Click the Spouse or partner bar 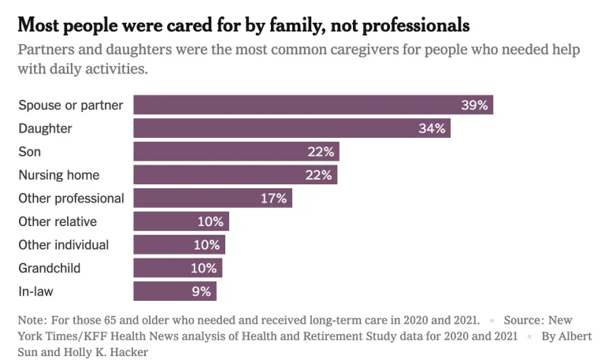(x=314, y=105)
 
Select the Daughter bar (x=292, y=128)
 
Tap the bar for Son (x=236, y=151)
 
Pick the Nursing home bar (x=236, y=175)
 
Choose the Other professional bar (x=213, y=198)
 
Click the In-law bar (x=175, y=291)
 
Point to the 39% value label (x=474, y=105)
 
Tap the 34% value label (x=432, y=128)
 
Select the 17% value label (x=273, y=199)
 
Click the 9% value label (x=202, y=291)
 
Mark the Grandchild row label (x=50, y=268)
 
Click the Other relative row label (x=58, y=221)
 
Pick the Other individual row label (x=64, y=245)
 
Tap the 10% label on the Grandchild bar (x=204, y=268)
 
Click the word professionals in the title (x=416, y=26)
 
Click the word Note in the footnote (x=32, y=321)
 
